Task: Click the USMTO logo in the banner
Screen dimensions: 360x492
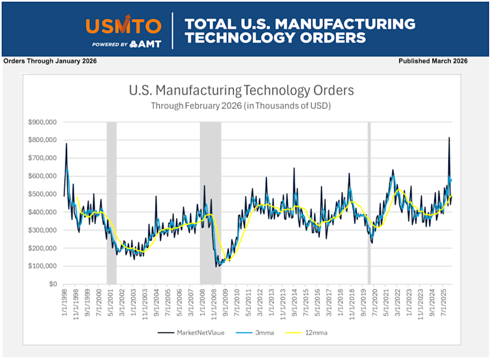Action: (124, 26)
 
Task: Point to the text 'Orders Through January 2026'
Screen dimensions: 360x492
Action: (50, 61)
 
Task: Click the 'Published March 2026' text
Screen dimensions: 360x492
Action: (433, 61)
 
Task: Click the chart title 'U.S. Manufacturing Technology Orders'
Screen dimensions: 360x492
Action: (241, 90)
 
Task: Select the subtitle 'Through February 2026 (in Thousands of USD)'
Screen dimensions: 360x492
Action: (241, 105)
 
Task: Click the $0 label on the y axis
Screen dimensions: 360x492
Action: (53, 284)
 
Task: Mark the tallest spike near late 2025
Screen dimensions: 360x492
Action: (449, 138)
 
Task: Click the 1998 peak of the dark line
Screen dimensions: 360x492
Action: (66, 144)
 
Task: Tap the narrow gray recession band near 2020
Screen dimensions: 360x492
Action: (369, 203)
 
